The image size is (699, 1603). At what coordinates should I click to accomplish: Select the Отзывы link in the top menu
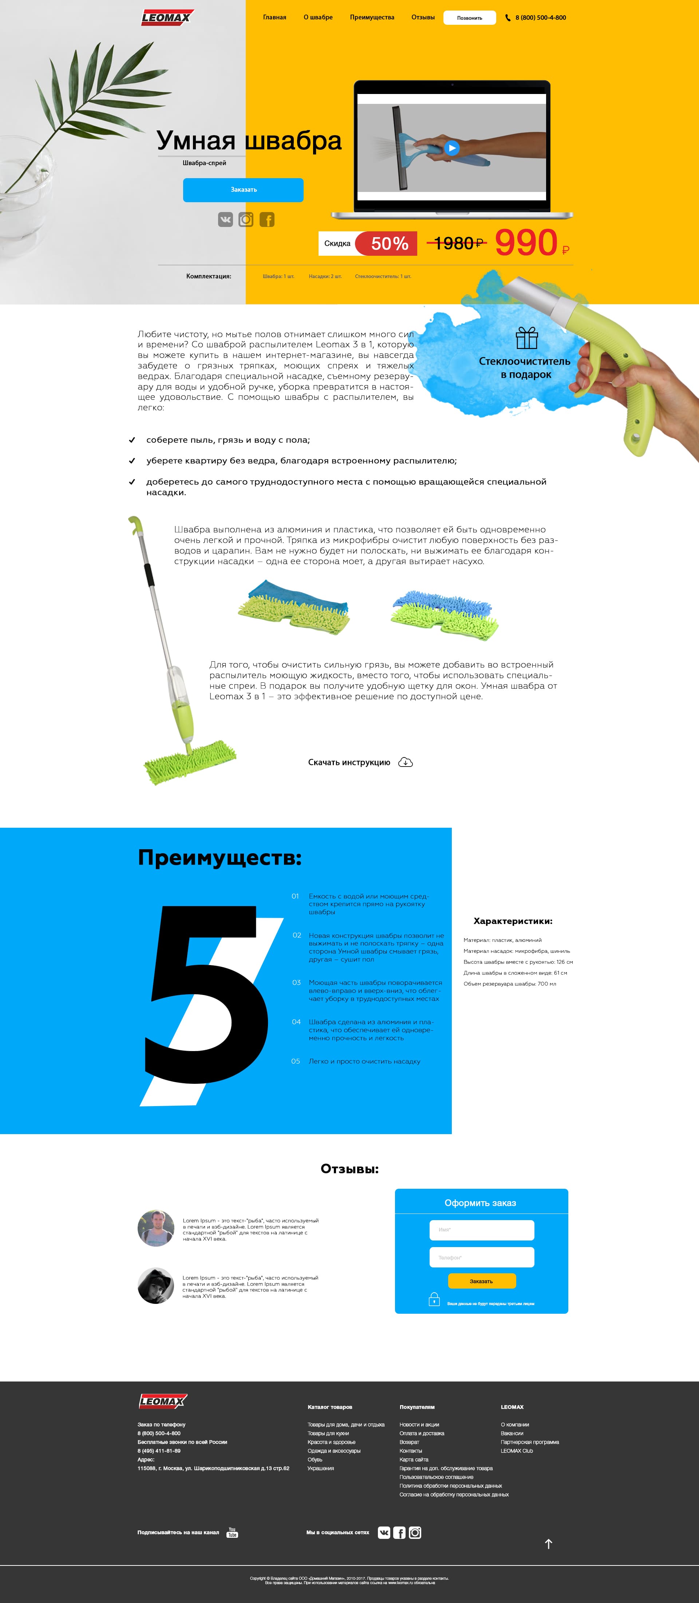[423, 17]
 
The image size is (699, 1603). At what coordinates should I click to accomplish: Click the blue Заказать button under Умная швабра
[243, 190]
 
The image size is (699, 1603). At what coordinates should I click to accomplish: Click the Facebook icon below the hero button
[267, 220]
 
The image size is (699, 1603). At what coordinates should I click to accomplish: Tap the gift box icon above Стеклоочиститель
[527, 338]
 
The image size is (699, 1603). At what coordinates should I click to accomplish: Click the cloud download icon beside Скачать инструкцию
[406, 762]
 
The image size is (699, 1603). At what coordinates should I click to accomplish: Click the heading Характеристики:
[513, 921]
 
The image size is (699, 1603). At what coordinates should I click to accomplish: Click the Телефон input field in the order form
[481, 1257]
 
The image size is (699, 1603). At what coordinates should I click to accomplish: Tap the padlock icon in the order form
[434, 1299]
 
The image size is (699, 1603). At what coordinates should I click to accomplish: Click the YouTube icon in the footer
[232, 1532]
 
